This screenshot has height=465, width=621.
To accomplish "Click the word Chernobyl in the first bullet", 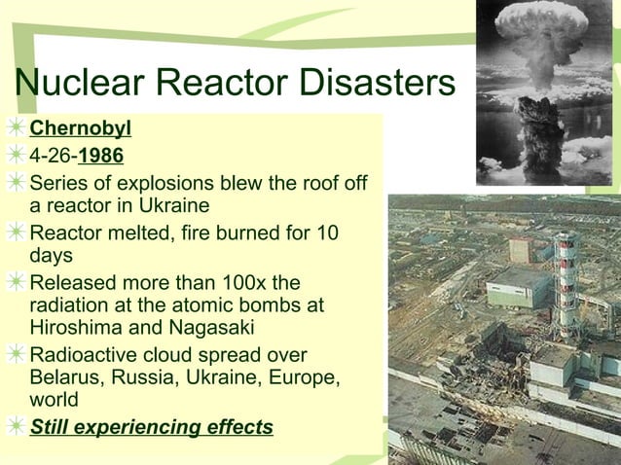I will pos(80,128).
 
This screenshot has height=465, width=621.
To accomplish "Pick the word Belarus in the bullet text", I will pos(65,377).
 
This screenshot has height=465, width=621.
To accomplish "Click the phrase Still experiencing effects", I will pos(151,427).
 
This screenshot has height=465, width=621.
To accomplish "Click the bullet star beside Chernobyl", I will pos(14,128).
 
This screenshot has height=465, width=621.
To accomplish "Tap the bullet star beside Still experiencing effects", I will pos(14,427).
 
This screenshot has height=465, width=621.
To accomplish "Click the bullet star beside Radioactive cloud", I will pos(14,355).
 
